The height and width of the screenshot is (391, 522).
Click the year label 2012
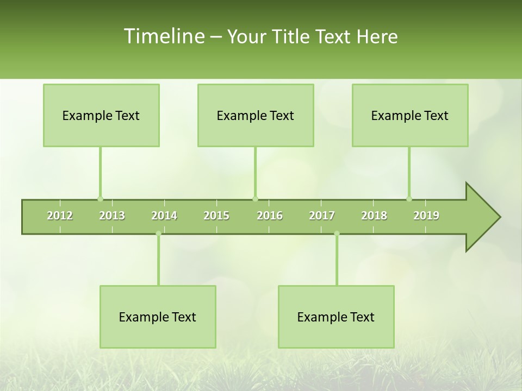pos(60,216)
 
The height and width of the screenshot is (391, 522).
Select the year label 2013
pos(112,216)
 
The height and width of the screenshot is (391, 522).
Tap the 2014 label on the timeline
pos(164,216)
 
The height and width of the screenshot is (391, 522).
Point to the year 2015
pos(216,216)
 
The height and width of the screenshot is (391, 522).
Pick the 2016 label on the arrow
pos(270,216)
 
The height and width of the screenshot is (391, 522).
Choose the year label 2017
pos(322,216)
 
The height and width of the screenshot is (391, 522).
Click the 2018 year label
pos(374,216)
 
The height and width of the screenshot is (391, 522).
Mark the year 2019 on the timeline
pos(426,216)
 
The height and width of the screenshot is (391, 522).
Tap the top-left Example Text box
pos(101,116)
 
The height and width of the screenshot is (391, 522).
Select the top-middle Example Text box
pos(256,116)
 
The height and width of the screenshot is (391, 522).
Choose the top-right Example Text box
pos(410,116)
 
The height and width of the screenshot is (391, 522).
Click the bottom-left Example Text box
pos(158,317)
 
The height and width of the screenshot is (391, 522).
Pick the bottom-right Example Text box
pos(336,317)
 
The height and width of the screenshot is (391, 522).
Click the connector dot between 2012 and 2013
pos(100,199)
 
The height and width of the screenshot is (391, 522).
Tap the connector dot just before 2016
pos(255,199)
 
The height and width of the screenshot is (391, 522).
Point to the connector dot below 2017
pos(337,234)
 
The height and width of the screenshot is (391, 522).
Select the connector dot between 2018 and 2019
pos(409,199)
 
